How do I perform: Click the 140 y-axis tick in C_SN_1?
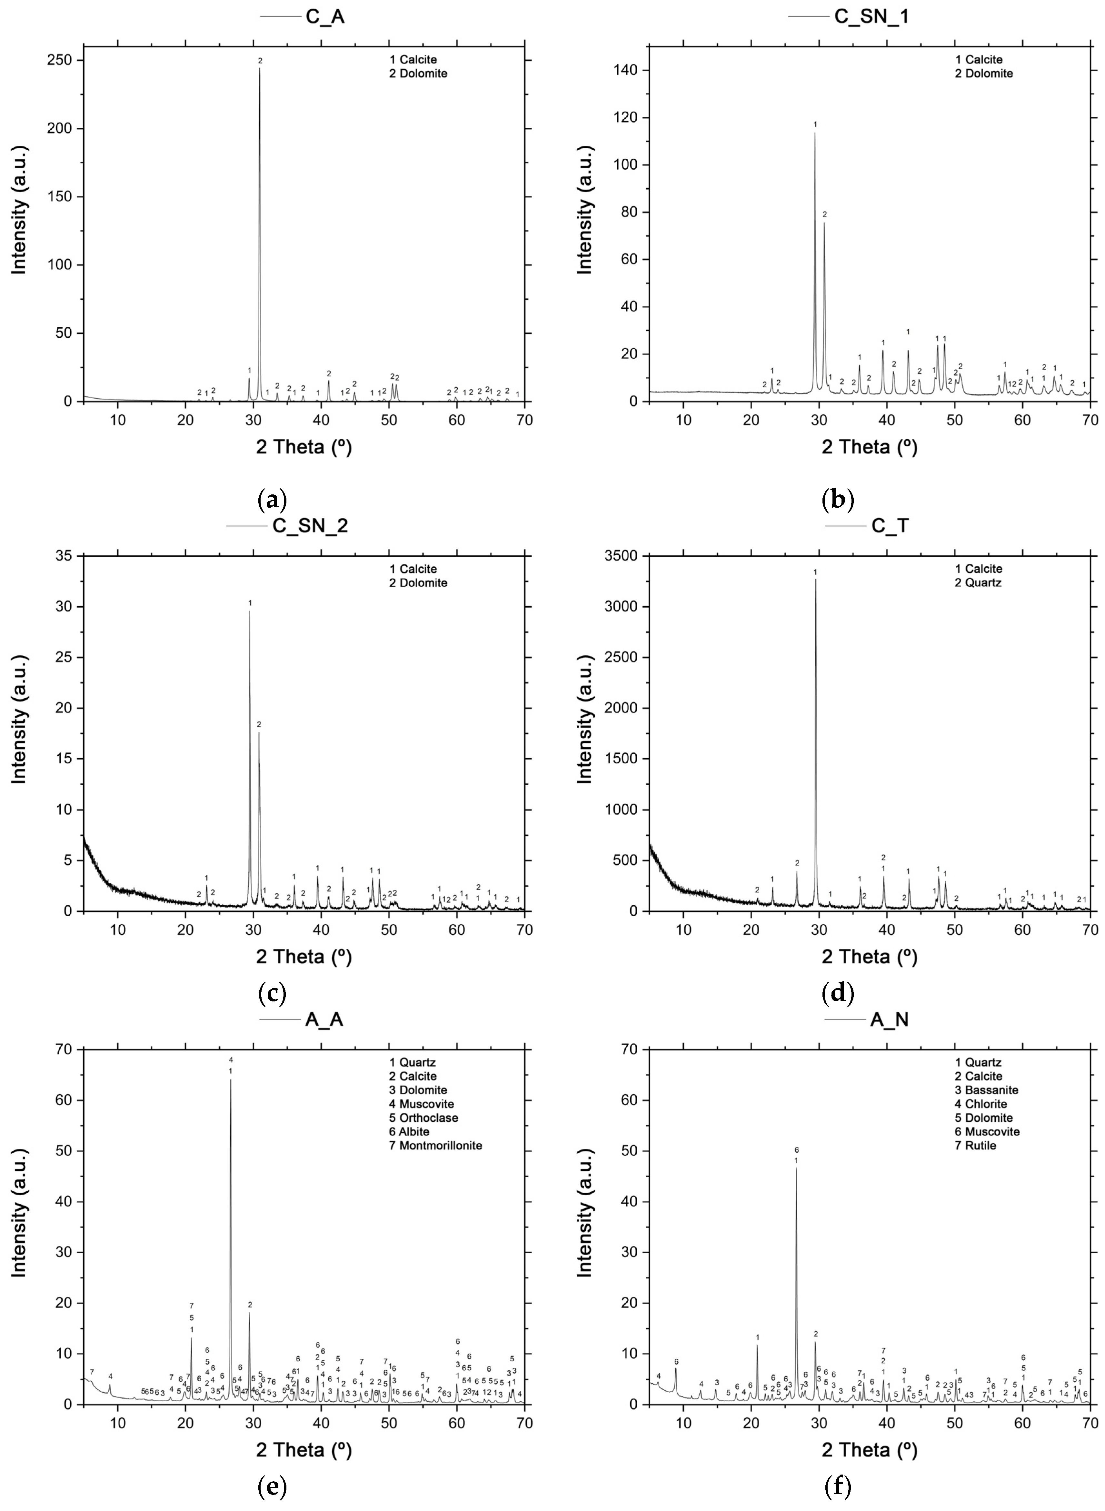(x=629, y=70)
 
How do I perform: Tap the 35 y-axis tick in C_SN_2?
(x=68, y=556)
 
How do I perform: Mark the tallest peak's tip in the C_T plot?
(x=815, y=579)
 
